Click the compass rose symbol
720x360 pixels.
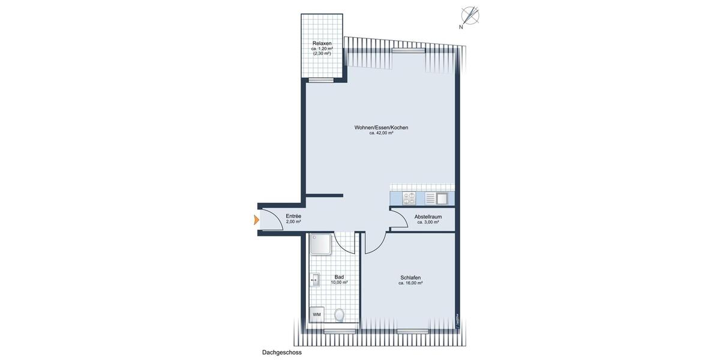coord(470,15)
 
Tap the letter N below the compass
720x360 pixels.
coord(461,27)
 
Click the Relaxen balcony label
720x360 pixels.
coord(322,44)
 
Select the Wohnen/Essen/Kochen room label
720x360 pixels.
coord(382,127)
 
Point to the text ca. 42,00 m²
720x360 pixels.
coord(382,133)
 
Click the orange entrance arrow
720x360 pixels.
coord(256,220)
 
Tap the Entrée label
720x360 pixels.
coord(293,216)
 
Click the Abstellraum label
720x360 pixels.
coord(428,217)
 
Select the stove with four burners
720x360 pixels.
coord(409,198)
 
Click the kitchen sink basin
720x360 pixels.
coord(442,198)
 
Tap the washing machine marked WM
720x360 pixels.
coord(316,314)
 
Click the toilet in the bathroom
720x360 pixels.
coord(340,315)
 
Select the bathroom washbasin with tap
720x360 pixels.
coord(314,279)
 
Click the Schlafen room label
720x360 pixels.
coord(410,277)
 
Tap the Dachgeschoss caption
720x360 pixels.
coord(281,353)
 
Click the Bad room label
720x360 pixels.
coord(339,277)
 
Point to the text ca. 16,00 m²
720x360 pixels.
coord(410,283)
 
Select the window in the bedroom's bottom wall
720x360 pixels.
coord(413,331)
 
